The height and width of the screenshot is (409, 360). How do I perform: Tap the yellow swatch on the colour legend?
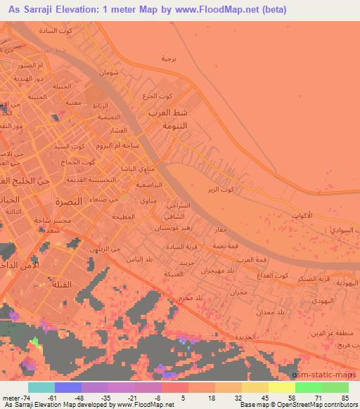tap(281, 387)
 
